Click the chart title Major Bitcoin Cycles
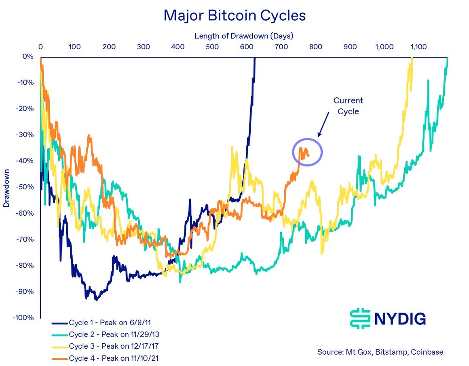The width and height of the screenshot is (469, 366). tap(234, 16)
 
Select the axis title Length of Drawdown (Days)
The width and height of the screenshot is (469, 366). tap(244, 36)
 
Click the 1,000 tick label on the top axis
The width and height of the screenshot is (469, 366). tap(384, 47)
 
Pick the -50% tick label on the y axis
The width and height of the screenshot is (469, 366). tap(26, 187)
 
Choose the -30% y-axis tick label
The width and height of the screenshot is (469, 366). tap(26, 135)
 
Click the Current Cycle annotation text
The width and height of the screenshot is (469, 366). tap(348, 106)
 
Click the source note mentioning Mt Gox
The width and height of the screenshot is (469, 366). tap(380, 352)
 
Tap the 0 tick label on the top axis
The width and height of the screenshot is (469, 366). tap(40, 47)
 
